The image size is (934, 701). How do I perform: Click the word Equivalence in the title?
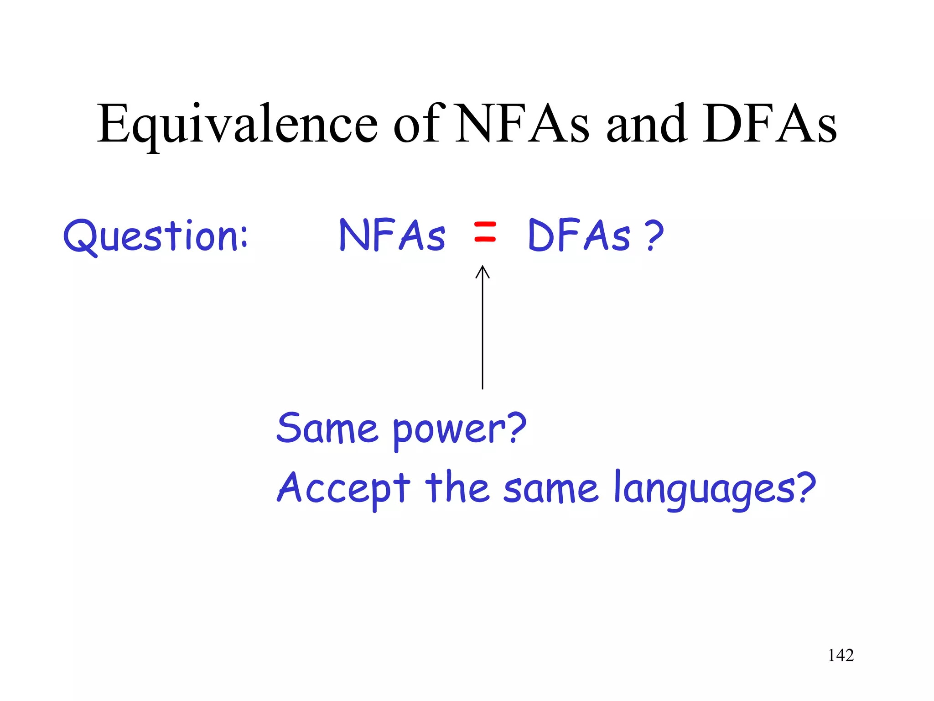[237, 124]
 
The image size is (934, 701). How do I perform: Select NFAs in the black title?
[523, 124]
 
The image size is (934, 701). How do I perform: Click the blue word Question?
[155, 236]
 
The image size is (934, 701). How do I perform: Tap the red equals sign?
[484, 231]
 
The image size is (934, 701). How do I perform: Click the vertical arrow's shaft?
[483, 333]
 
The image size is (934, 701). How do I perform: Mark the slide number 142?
[841, 655]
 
